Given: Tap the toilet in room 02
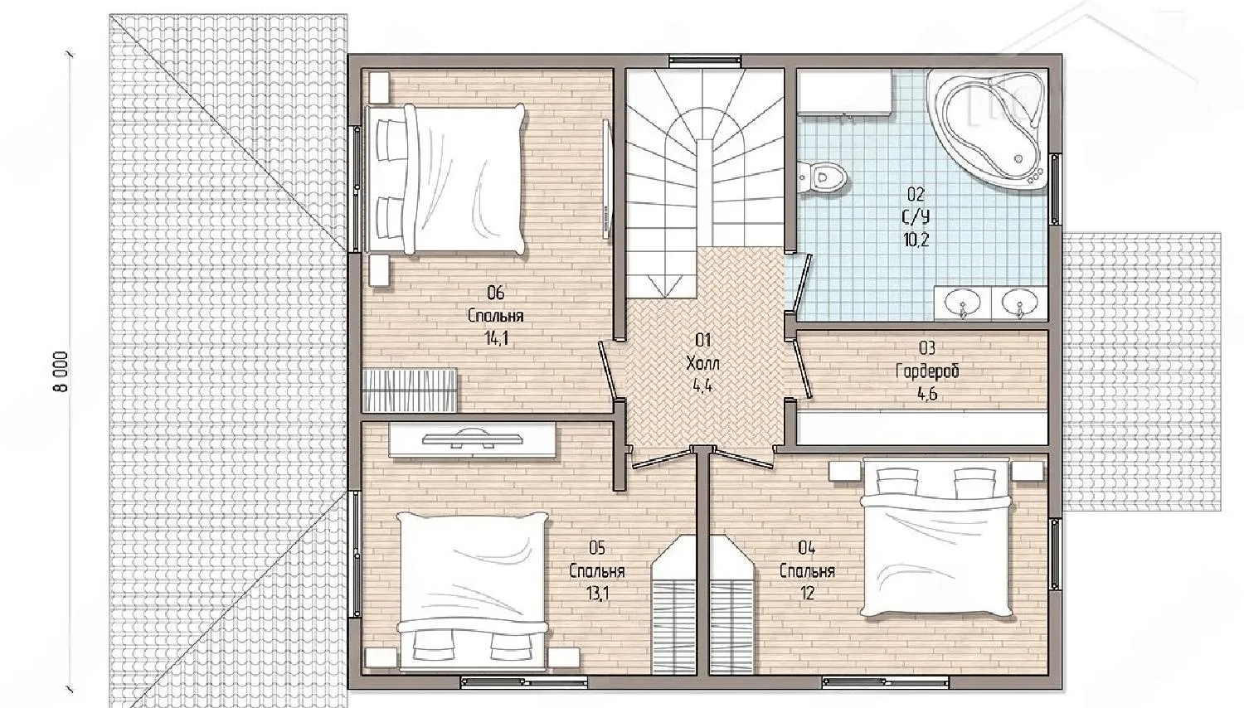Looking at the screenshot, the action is point(823,177).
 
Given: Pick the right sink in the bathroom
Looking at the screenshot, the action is point(1020,303).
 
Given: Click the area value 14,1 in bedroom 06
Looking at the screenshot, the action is point(497,339).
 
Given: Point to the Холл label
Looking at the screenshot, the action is point(703,364).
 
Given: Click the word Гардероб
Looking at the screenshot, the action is point(927,371).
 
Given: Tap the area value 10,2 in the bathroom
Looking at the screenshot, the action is point(916,240).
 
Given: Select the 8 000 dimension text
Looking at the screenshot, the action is point(61,371).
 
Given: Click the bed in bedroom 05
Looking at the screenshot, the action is point(473,589).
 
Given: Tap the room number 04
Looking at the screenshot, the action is point(806,548).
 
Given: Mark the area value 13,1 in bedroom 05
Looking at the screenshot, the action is point(598,594).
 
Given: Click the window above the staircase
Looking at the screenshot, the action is point(705,60).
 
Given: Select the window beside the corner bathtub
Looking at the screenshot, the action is point(1056,190).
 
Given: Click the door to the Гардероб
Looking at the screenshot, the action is point(802,369).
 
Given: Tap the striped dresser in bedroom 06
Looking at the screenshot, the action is point(410,390).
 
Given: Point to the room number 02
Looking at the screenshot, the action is point(916,194).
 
